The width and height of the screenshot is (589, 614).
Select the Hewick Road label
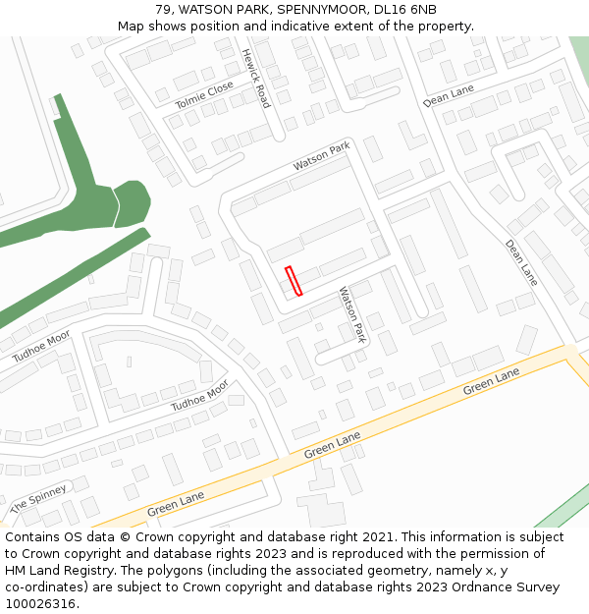click(255, 78)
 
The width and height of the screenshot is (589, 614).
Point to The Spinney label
click(38, 500)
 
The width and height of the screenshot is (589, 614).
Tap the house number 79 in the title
click(163, 10)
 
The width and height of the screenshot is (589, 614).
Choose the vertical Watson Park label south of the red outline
click(351, 314)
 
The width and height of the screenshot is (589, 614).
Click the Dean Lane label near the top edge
click(448, 95)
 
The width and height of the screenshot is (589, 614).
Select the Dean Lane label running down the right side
click(521, 262)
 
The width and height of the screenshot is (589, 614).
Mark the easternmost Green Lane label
click(491, 383)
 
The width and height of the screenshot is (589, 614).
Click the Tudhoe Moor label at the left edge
click(41, 347)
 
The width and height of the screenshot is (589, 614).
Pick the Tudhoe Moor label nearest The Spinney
click(199, 395)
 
